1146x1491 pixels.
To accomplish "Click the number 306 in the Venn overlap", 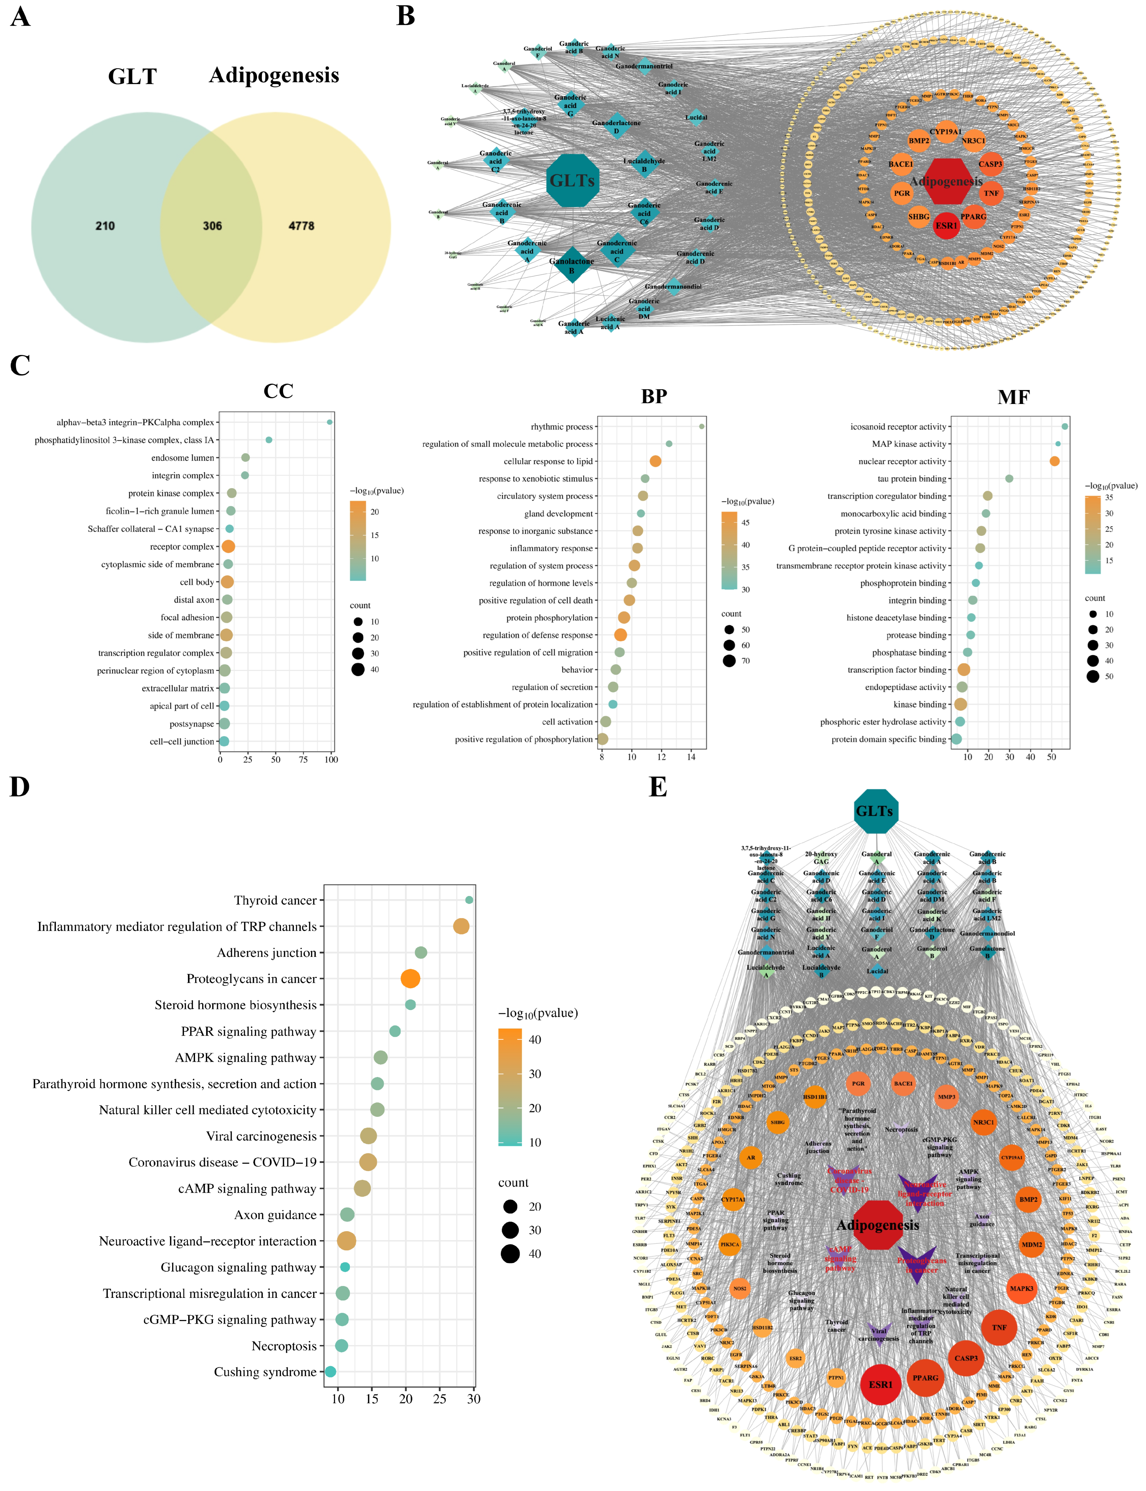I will tap(212, 226).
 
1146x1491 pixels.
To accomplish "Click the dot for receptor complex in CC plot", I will tap(229, 546).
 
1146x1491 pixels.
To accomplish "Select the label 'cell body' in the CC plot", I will tap(197, 582).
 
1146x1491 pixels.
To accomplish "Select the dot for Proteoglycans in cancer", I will tap(410, 979).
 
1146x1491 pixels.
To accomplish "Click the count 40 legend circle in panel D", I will tap(510, 1254).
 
